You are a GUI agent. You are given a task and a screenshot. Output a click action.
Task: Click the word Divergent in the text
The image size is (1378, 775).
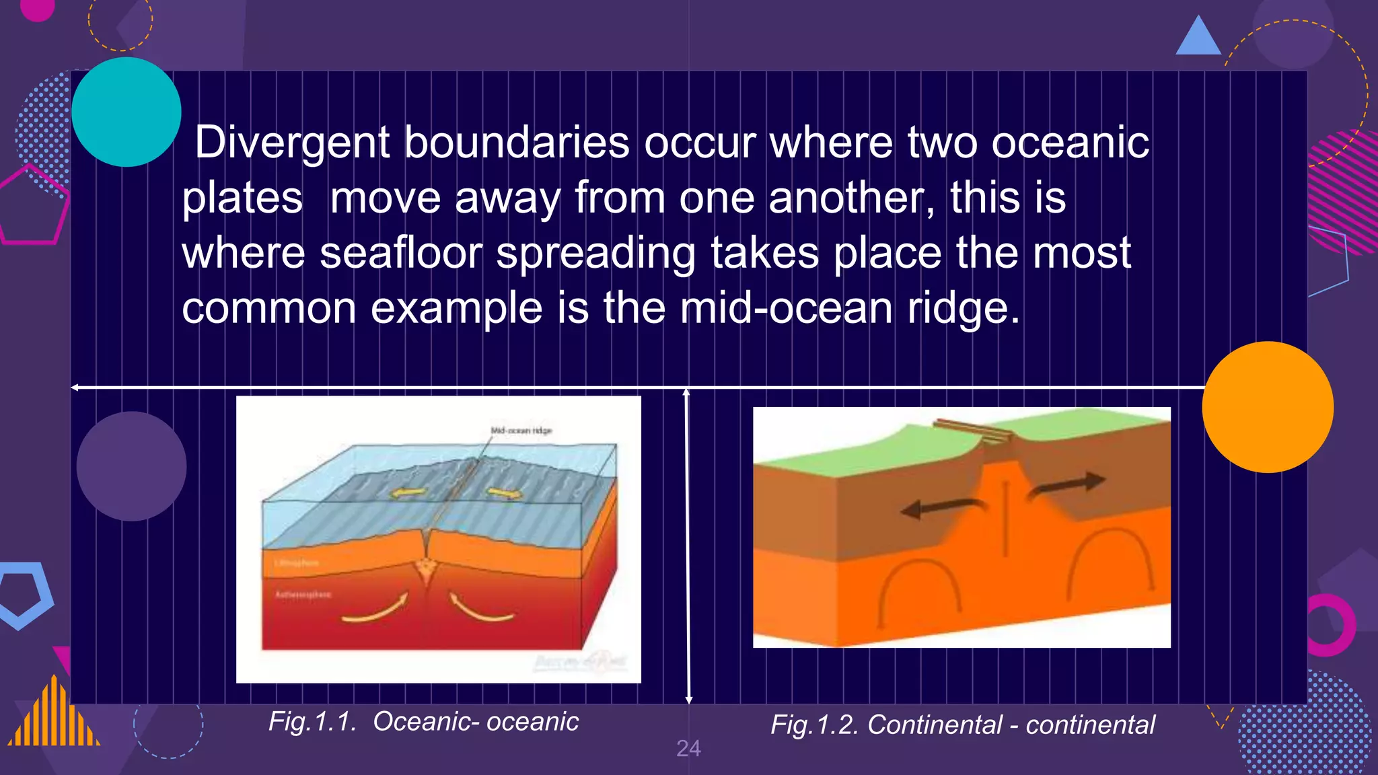pos(292,143)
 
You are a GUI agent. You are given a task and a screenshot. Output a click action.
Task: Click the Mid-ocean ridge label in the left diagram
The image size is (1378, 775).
pos(521,431)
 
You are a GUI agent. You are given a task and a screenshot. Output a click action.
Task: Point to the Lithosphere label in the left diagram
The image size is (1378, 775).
pos(297,562)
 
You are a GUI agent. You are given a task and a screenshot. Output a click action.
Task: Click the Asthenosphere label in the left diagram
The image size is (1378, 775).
pos(303,595)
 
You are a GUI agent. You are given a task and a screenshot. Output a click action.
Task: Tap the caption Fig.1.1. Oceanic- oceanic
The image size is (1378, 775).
pos(423,722)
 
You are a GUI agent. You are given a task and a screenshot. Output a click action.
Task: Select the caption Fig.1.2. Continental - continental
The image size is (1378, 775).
pos(962,725)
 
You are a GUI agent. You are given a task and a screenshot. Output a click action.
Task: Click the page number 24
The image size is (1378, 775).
pos(688,749)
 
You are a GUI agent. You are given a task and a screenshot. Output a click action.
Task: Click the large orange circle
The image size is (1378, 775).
pos(1268,407)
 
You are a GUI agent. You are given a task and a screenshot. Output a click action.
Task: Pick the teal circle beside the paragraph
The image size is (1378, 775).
pos(126,112)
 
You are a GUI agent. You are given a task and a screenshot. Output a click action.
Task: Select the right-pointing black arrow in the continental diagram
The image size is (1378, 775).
pos(1070,484)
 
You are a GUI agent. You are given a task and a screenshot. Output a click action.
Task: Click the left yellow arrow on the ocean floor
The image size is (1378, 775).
pos(408,493)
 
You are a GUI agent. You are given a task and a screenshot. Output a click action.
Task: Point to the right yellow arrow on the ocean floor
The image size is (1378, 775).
pos(505,494)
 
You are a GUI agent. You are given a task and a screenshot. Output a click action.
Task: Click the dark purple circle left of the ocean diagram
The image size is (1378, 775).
pos(131,466)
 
